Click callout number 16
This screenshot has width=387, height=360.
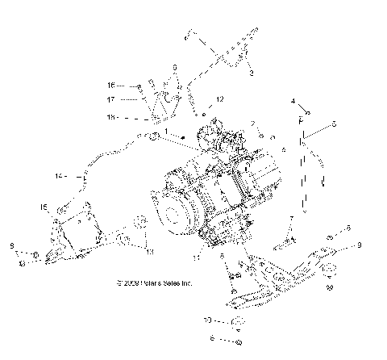[x=112, y=85]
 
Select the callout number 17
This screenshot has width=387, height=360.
[x=112, y=100]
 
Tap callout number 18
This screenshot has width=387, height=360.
[x=112, y=117]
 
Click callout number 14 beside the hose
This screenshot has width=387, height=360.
[x=59, y=176]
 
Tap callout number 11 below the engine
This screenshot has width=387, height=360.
[x=197, y=259]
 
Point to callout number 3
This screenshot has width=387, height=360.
[x=251, y=73]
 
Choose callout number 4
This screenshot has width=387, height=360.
[x=293, y=103]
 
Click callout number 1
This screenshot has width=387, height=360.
[x=166, y=131]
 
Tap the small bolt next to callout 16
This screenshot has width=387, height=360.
[x=139, y=85]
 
